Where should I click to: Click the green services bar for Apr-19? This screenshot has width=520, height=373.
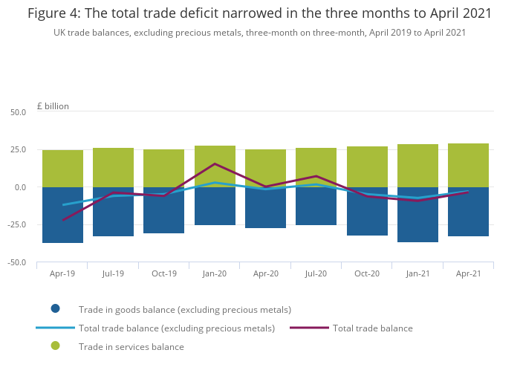click(x=62, y=169)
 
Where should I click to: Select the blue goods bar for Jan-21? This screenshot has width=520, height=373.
click(x=417, y=215)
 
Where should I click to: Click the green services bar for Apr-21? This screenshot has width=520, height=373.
click(x=469, y=165)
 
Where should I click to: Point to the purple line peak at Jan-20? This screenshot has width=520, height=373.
click(x=215, y=163)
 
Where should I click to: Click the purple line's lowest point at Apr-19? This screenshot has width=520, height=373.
click(x=62, y=220)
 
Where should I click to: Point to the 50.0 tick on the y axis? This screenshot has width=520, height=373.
click(x=18, y=112)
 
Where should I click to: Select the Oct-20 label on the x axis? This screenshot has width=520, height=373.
click(x=367, y=273)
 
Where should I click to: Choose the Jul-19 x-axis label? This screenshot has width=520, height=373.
click(x=113, y=273)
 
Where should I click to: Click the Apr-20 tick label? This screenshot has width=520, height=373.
click(x=265, y=273)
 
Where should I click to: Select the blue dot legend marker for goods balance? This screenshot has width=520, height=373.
click(x=55, y=309)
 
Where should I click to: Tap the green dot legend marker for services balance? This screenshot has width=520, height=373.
click(x=55, y=346)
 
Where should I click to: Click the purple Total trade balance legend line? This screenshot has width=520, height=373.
click(x=309, y=328)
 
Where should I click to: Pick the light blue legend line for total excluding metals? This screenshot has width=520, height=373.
click(x=55, y=328)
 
